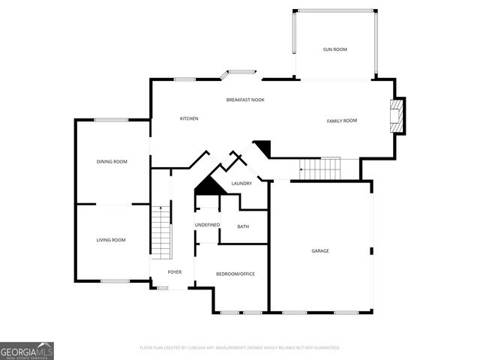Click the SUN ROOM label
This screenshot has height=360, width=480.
[335, 49]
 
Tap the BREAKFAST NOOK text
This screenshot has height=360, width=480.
[246, 100]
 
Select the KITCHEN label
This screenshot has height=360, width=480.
[188, 119]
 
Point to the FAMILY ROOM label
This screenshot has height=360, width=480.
[341, 121]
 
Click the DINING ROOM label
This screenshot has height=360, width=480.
[112, 162]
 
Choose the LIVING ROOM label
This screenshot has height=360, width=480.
[111, 240]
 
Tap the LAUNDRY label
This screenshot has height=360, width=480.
[241, 184]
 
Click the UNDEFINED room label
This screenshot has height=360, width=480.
[207, 225]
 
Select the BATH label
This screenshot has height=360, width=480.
[243, 226]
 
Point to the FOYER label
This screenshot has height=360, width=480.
[174, 272]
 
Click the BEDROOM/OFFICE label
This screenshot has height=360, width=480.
[235, 274]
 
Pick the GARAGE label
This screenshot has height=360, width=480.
[320, 251]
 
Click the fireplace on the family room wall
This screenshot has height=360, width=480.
[397, 116]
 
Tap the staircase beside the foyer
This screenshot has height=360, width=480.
[161, 232]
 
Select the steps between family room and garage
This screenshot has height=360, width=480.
[319, 169]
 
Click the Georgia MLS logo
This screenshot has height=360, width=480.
[27, 350]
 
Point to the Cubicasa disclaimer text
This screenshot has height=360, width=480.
[240, 348]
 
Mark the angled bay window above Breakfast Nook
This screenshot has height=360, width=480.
[237, 73]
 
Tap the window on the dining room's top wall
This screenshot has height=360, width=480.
[111, 119]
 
